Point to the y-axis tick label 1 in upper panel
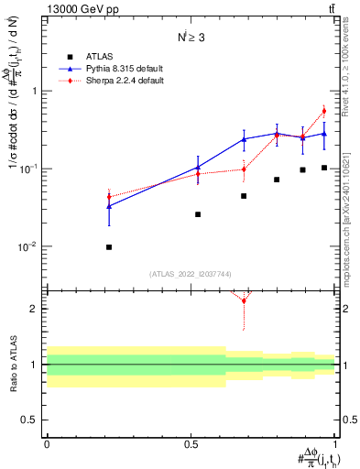click(34, 92)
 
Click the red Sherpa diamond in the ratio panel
click(244, 300)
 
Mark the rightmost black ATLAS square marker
click(324, 168)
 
